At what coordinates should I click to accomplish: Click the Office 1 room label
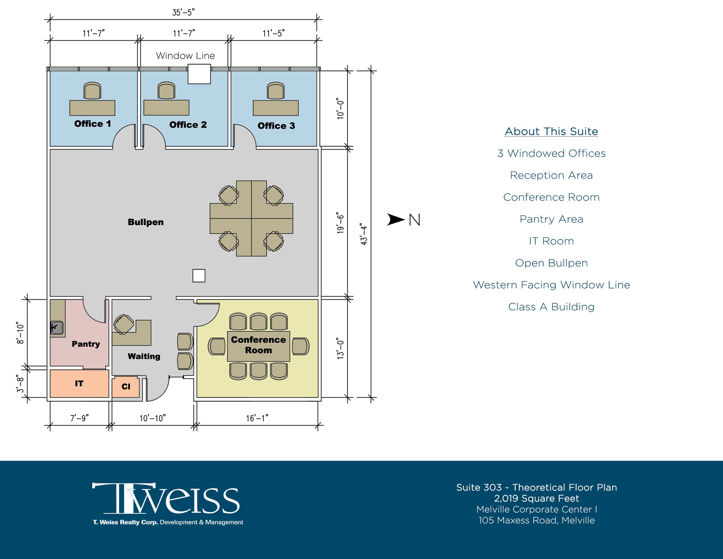click(92, 124)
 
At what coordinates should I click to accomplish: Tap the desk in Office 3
click(275, 108)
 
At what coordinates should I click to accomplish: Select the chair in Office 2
click(166, 91)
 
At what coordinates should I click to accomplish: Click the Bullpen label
click(145, 222)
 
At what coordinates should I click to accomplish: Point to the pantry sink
click(57, 328)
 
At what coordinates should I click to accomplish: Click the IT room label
click(79, 383)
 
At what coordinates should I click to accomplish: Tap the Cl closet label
click(126, 387)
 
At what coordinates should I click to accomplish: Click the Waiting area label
click(144, 356)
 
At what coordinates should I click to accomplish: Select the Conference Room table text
click(258, 345)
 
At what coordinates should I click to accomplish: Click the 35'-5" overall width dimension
click(183, 13)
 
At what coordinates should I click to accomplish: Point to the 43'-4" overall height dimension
click(364, 234)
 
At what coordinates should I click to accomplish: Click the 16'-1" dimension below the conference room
click(257, 418)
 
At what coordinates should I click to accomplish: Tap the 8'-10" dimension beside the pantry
click(20, 333)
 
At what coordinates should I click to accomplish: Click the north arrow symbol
click(396, 219)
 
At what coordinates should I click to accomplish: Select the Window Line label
click(185, 56)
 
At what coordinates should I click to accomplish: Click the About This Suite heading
click(551, 131)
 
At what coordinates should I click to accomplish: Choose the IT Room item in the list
click(551, 241)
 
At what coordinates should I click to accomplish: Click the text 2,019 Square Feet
click(536, 498)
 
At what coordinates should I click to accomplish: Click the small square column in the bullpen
click(199, 275)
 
